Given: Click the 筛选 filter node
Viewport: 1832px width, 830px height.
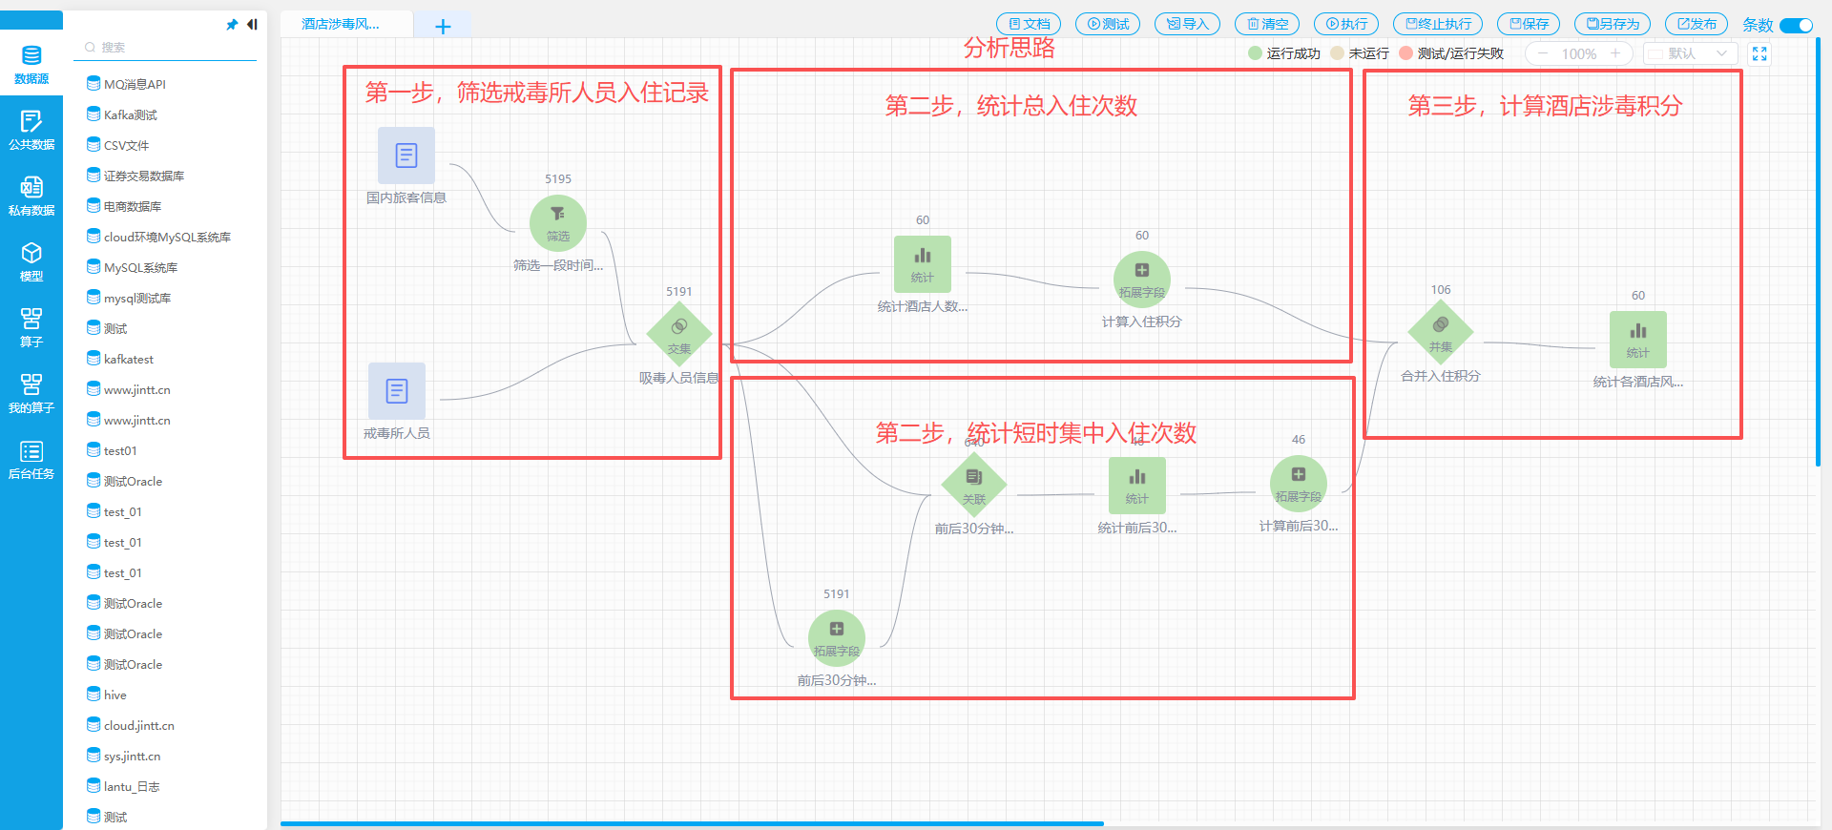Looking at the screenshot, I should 558,222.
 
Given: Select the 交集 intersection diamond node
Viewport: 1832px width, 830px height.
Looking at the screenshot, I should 679,335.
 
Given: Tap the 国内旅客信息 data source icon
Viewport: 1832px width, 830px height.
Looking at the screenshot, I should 406,156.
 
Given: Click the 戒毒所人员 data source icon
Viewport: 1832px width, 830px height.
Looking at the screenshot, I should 397,390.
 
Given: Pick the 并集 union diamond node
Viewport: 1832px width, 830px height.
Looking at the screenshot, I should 1441,333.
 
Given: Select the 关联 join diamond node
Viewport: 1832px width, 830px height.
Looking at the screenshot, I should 974,484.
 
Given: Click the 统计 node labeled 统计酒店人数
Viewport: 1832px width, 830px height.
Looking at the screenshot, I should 923,264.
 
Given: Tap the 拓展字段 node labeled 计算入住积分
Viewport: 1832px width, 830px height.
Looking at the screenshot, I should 1142,279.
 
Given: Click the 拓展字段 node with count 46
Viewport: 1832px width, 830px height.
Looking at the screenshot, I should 1299,484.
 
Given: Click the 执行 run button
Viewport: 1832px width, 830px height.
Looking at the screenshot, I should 1347,24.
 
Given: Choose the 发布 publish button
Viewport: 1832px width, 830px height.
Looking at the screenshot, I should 1697,24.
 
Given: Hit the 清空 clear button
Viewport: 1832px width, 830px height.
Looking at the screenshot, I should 1267,24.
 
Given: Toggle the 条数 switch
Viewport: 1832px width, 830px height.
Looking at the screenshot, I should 1796,26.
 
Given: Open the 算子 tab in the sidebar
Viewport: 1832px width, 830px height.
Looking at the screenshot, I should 31,326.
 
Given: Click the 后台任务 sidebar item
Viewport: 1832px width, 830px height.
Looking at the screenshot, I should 31,459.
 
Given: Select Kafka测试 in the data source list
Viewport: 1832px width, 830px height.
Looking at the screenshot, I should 130,114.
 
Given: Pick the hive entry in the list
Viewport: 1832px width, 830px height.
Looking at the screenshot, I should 114,695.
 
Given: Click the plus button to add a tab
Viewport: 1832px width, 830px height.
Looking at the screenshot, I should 443,27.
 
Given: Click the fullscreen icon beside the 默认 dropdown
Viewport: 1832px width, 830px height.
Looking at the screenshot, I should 1759,54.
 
